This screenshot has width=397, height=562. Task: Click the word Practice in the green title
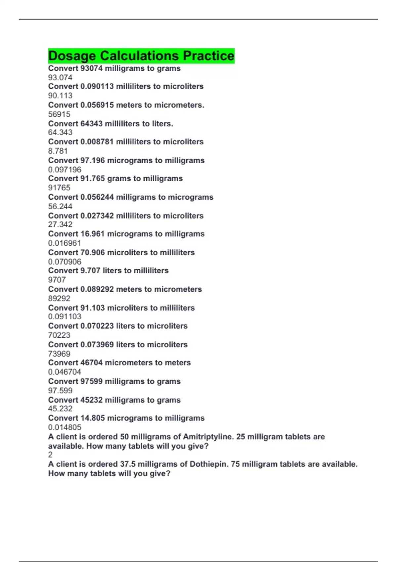point(208,56)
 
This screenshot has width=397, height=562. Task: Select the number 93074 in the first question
point(91,68)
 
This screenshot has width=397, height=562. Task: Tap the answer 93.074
point(60,78)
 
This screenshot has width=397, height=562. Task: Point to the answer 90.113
point(60,96)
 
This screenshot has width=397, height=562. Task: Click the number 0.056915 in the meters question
point(97,105)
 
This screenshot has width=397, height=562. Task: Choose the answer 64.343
point(60,133)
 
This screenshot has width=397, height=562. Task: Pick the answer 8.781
point(58,151)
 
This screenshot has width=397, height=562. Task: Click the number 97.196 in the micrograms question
point(93,161)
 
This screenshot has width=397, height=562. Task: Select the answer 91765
point(59,188)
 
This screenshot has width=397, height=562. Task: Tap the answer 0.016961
point(65,243)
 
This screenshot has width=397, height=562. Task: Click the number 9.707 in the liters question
point(90,271)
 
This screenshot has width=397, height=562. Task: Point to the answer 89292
point(59,299)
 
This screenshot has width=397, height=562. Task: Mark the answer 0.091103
point(65,317)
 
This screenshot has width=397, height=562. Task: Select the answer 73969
point(59,354)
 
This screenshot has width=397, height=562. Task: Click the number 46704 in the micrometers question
point(91,363)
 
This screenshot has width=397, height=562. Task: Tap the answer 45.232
point(60,409)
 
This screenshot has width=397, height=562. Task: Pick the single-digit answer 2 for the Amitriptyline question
point(50,455)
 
